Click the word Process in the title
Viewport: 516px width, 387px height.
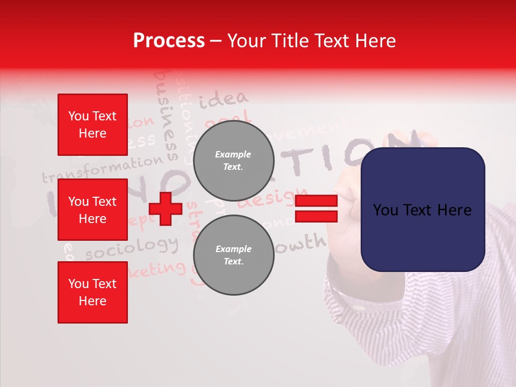pyautogui.click(x=169, y=41)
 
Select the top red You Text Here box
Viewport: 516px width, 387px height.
pyautogui.click(x=92, y=125)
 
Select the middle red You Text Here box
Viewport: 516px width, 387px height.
pyautogui.click(x=92, y=210)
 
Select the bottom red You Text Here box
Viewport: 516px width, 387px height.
pyautogui.click(x=92, y=292)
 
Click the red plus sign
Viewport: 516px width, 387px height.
pyautogui.click(x=166, y=209)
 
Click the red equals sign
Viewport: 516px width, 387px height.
pyautogui.click(x=316, y=209)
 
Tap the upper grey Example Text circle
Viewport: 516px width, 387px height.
pyautogui.click(x=233, y=161)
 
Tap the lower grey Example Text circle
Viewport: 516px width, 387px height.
pyautogui.click(x=233, y=255)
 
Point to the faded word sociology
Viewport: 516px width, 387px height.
pyautogui.click(x=132, y=248)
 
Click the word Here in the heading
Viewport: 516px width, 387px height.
pyautogui.click(x=375, y=41)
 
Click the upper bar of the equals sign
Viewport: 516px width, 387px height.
pyautogui.click(x=316, y=202)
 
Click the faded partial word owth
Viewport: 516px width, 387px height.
pyautogui.click(x=304, y=243)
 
